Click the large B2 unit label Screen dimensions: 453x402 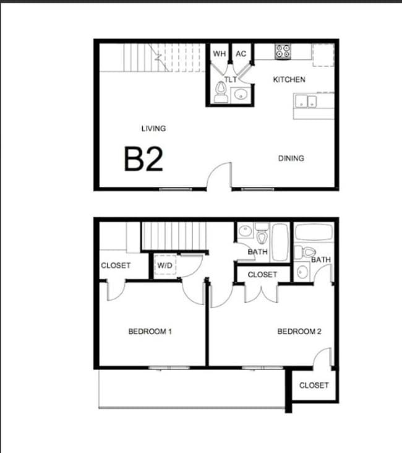(143, 158)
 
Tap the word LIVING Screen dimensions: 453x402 (153, 129)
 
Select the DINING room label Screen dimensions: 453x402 (291, 158)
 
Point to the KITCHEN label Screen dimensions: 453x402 (289, 80)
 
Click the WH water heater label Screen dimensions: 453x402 (219, 54)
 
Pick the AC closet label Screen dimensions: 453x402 (241, 54)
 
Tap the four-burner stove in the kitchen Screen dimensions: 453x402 (283, 51)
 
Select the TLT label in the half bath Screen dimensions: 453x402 (231, 80)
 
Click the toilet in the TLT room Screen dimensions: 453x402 (220, 93)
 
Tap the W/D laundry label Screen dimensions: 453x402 (165, 266)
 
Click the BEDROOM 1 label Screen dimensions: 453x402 (150, 332)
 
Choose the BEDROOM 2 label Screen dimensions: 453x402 (299, 332)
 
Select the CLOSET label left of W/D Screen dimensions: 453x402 (116, 265)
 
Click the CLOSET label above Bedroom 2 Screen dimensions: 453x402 (262, 274)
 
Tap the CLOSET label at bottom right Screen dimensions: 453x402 (314, 386)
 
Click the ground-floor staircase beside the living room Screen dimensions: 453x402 (164, 58)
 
